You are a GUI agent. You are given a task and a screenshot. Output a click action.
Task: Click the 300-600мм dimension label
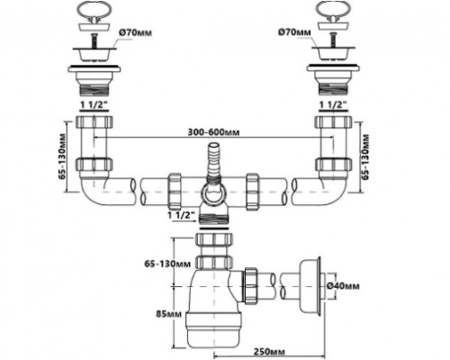(x=213, y=132)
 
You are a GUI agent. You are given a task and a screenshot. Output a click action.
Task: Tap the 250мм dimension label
(x=269, y=351)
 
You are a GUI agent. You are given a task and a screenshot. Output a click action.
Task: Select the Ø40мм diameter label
(x=343, y=286)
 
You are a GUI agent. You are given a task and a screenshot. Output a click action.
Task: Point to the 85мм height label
(x=168, y=314)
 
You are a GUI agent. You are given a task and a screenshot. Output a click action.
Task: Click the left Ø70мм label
(x=135, y=32)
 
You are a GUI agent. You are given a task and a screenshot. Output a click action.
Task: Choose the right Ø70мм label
(x=294, y=32)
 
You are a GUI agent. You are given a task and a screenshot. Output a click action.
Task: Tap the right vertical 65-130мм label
(x=364, y=157)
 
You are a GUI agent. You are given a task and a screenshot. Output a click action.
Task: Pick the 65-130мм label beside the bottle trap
(x=167, y=264)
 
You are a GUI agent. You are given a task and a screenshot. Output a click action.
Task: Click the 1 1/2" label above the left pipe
(x=94, y=104)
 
